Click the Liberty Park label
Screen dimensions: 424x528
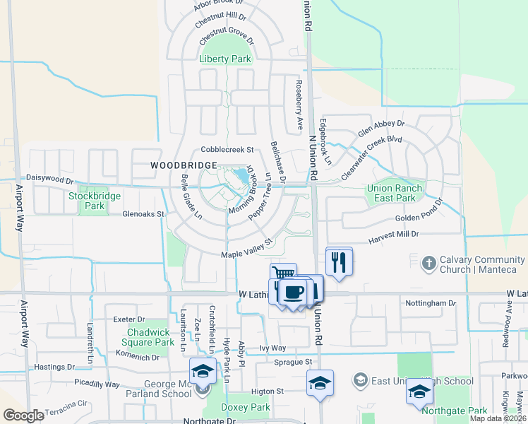225,59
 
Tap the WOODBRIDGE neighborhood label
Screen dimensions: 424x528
184,165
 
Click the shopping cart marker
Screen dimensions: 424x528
283,274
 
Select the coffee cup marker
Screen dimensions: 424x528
293,291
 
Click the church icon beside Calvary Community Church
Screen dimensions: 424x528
428,264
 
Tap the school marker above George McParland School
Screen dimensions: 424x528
203,371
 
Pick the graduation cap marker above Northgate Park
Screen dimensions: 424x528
419,391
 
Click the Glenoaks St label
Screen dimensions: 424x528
143,213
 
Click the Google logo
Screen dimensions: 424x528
23,416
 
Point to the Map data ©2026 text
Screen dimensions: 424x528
497,418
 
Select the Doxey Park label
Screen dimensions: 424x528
246,408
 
